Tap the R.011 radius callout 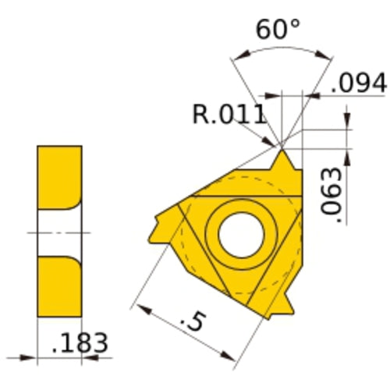point(229,115)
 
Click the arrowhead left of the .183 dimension point(30,359)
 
